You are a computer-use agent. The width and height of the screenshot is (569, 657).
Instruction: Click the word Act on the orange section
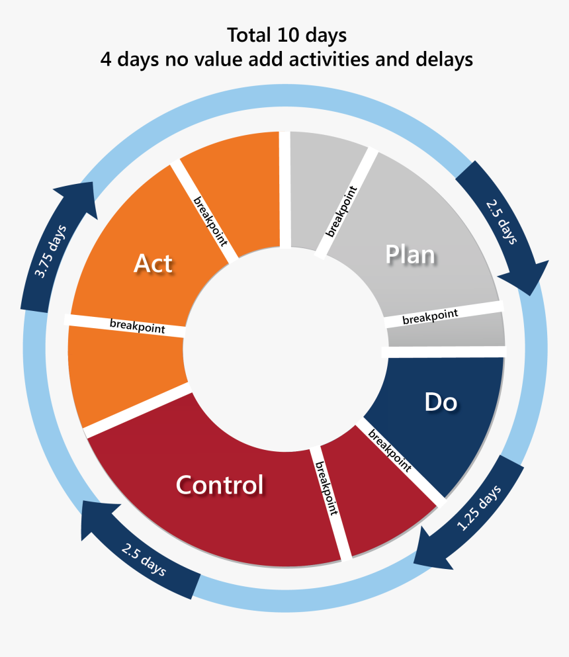coord(153,263)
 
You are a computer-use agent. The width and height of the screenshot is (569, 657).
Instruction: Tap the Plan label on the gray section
coord(410,254)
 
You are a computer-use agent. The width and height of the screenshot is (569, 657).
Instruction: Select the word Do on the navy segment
coord(441,402)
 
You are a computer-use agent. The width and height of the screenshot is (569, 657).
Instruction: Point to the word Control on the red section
coord(220,485)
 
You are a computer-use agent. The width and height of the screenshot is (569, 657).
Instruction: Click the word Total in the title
coord(251,34)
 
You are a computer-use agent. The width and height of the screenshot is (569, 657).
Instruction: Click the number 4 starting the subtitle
coord(105,60)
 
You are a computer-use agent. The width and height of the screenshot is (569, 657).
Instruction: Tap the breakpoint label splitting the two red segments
coord(327,490)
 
